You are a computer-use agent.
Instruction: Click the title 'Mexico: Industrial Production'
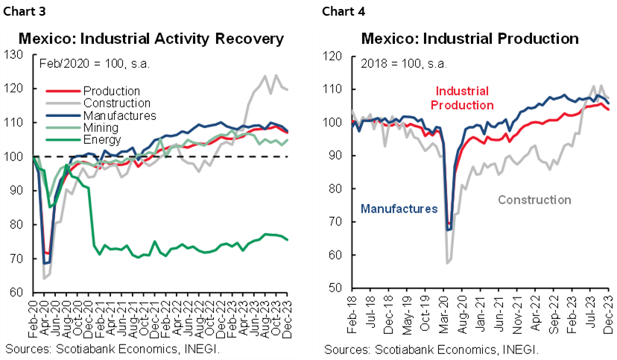(460, 39)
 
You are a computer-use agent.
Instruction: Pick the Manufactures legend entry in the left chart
(119, 116)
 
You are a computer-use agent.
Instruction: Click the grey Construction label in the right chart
(534, 200)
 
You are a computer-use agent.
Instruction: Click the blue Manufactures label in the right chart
(399, 209)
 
